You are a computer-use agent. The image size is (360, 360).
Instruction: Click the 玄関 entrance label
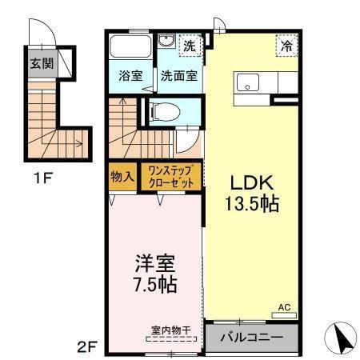click(x=42, y=64)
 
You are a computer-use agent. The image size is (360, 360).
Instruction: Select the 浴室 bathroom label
click(x=130, y=78)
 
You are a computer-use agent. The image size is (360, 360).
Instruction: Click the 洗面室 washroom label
click(x=179, y=78)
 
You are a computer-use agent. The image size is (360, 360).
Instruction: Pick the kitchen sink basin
click(x=247, y=82)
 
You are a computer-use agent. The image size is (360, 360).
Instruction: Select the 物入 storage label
click(x=122, y=175)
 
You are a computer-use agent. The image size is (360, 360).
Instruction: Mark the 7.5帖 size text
click(x=155, y=284)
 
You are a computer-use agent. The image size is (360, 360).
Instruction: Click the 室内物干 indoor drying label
click(x=167, y=330)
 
